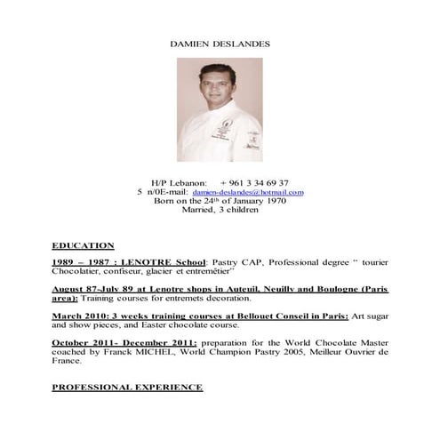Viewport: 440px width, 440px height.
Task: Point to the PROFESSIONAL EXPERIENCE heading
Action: click(127, 388)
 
